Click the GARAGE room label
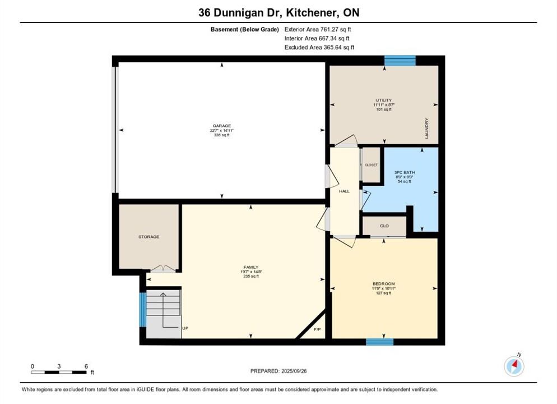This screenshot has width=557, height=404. (222, 126)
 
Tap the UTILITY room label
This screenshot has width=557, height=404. (384, 100)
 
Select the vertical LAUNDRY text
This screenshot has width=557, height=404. (426, 128)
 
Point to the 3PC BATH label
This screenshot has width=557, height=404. (405, 172)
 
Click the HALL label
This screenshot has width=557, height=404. (344, 191)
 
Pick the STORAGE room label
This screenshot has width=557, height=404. (149, 237)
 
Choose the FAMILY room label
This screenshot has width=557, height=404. (251, 267)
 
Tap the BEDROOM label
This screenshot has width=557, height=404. (384, 284)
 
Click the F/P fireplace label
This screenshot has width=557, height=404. (317, 330)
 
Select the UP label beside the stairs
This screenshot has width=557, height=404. (185, 328)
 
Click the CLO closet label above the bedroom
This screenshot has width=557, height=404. (384, 226)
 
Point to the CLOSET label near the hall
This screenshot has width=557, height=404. (371, 165)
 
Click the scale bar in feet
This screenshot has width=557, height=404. (59, 373)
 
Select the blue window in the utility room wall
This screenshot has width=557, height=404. (400, 61)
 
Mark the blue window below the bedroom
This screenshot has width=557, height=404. (380, 342)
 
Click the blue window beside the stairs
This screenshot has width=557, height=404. (142, 309)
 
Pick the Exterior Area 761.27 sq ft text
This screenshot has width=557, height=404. (318, 30)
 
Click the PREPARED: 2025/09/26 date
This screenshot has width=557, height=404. (278, 371)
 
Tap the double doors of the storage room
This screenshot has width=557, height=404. (163, 269)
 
